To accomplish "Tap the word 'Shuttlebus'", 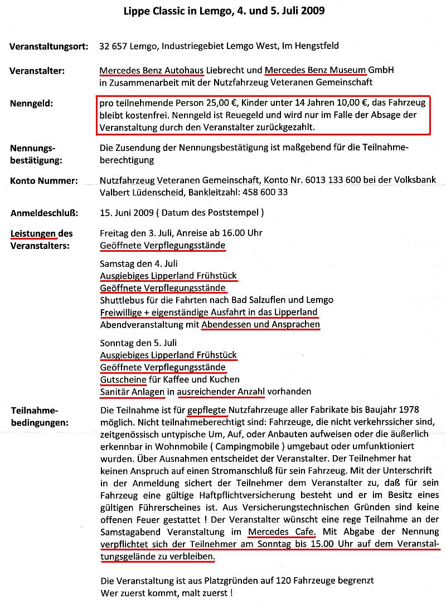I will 120,300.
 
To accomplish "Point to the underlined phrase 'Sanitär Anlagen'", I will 132,392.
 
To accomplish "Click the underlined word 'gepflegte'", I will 207,411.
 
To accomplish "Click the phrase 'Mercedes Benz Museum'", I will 315,71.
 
